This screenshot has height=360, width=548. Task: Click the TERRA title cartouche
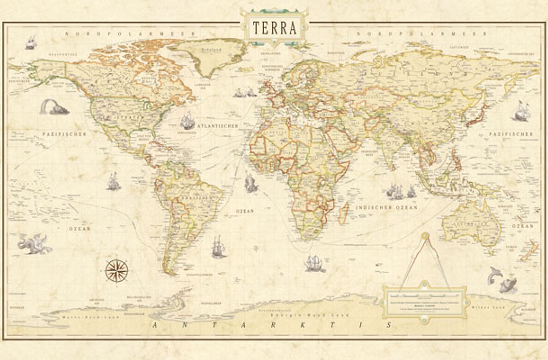click(274, 28)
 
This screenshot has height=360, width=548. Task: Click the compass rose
click(117, 271)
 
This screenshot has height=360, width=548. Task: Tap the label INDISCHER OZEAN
click(386, 208)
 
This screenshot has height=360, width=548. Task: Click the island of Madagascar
click(343, 213)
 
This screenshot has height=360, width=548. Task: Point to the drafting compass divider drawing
click(425, 261)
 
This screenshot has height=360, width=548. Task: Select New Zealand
click(529, 251)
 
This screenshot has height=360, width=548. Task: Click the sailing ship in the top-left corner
click(30, 42)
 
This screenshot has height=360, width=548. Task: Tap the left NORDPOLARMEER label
click(130, 34)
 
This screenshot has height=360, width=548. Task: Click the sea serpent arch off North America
click(53, 107)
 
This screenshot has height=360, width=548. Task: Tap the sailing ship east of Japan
click(522, 111)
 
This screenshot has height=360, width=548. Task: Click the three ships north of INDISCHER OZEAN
click(400, 192)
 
